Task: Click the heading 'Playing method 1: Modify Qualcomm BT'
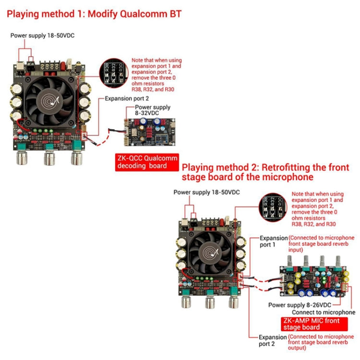[x=94, y=14]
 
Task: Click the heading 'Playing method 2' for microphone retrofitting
[x=265, y=172]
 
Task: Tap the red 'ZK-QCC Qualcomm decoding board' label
[x=146, y=162]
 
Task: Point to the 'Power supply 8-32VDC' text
[x=153, y=110]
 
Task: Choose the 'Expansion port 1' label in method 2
[x=273, y=241]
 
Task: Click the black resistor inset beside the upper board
[x=115, y=73]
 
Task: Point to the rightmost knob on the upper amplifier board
[x=76, y=157]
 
